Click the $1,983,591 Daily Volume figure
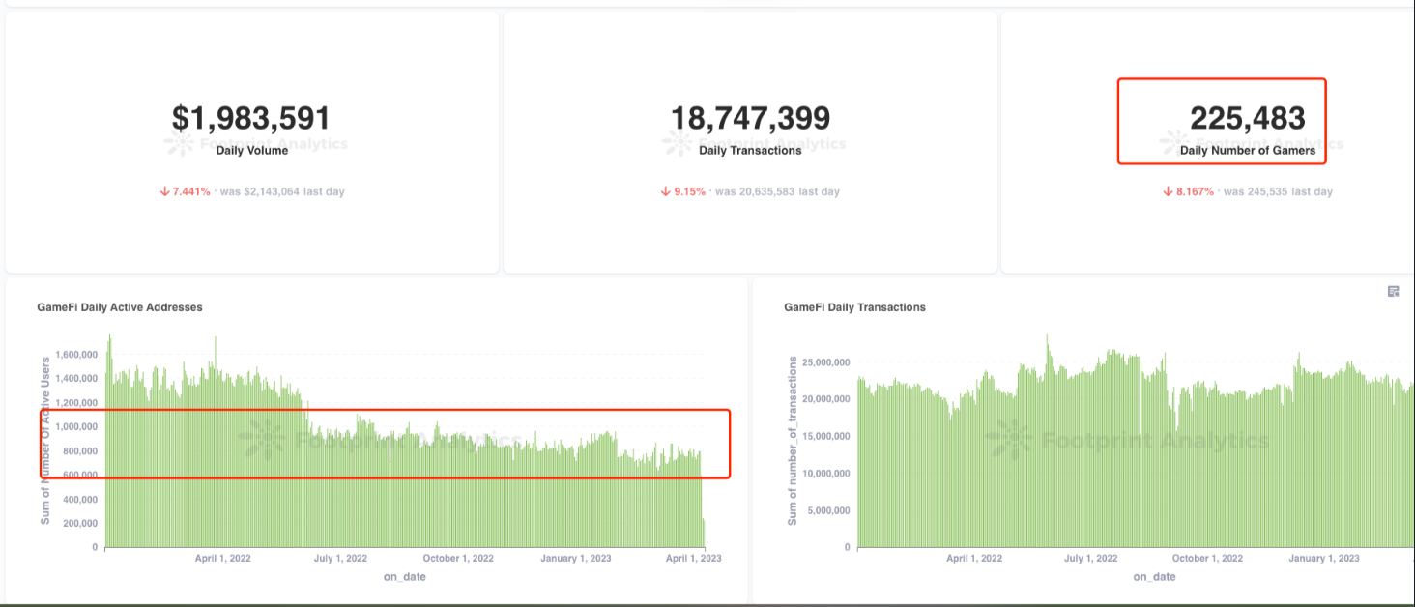[251, 118]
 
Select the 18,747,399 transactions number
[750, 118]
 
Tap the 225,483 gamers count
[1247, 118]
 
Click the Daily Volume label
[251, 151]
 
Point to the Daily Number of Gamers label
[1247, 151]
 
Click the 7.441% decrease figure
[189, 191]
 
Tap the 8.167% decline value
[1194, 191]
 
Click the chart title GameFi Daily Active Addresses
[119, 307]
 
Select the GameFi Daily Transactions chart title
[854, 307]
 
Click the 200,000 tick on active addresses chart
[78, 523]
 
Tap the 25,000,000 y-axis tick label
[821, 362]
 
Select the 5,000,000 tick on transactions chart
[823, 510]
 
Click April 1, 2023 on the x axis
[696, 558]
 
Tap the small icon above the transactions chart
[1393, 291]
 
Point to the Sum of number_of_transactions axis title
[793, 441]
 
